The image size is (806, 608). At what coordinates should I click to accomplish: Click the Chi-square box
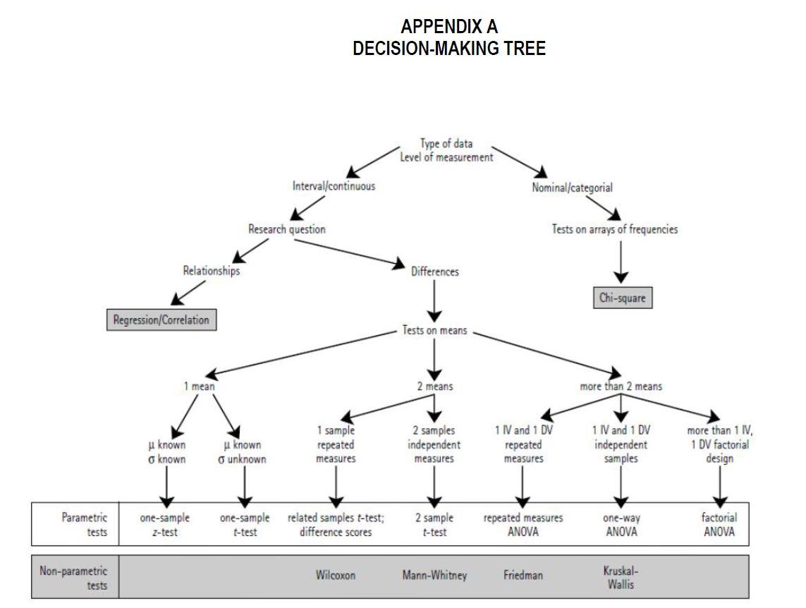point(621,298)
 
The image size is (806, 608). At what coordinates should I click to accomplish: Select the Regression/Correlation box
point(161,320)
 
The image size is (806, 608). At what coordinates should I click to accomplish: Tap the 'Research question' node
point(287,229)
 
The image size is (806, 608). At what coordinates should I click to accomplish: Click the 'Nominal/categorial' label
point(572,188)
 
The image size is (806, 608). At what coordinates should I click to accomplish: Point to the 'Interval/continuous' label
point(334,186)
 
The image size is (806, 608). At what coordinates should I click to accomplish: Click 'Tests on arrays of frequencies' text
point(614,229)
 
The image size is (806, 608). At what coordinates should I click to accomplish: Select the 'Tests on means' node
point(434,330)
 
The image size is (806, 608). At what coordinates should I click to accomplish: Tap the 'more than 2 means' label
point(621,387)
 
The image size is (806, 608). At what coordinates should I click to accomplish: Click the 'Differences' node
point(434,272)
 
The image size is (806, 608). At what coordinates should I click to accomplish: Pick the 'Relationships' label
point(211,271)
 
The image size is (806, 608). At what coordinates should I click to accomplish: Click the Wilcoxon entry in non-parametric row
point(336,576)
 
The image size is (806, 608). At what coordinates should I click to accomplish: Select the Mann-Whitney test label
point(434,576)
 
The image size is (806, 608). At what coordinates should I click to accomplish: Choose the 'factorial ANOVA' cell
point(719,525)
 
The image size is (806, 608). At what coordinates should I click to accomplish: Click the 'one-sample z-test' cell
point(165,525)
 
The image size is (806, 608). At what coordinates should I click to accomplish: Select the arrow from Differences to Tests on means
point(434,301)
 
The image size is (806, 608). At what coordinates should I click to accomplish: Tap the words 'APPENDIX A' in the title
point(449,27)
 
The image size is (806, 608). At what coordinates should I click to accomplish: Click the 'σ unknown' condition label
point(242,459)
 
